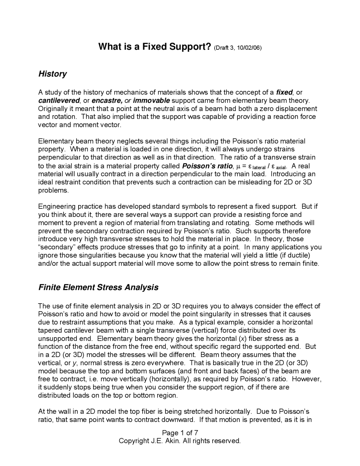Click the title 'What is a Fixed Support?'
coord(154,47)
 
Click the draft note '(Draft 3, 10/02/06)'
coord(238,48)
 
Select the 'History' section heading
coord(52,74)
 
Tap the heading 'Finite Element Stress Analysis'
coord(98,287)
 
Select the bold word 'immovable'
coord(151,100)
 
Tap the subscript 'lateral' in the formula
coord(259,167)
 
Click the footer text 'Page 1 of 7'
coord(180,433)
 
